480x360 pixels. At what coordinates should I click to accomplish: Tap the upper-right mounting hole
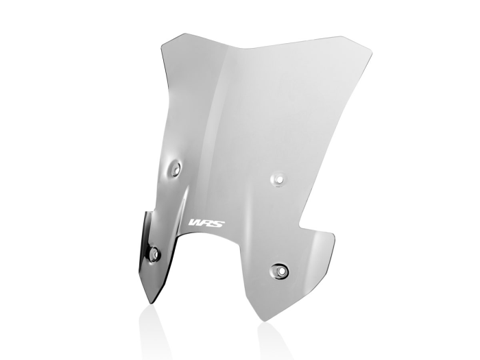(278, 178)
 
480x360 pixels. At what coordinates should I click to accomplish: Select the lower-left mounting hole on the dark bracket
(154, 254)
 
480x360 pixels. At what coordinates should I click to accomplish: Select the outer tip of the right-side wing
(334, 237)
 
